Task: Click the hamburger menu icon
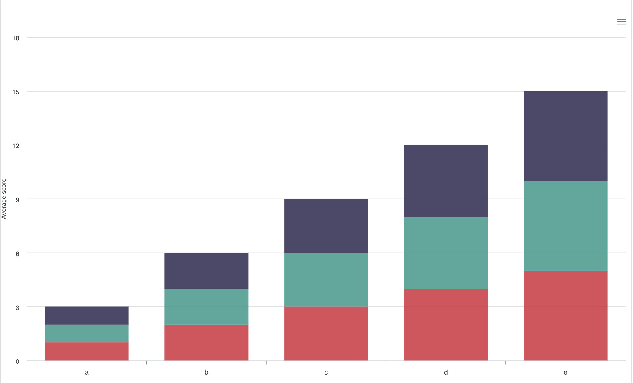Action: [x=621, y=22]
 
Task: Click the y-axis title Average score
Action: [x=4, y=199]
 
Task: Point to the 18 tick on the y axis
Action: [x=16, y=38]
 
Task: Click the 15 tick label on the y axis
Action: [x=16, y=92]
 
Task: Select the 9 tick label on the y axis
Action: [x=18, y=200]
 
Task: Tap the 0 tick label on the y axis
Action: [x=18, y=361]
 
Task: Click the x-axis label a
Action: [x=87, y=372]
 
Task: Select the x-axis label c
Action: [x=326, y=372]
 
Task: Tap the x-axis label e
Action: [x=565, y=372]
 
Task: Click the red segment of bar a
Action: [x=87, y=351]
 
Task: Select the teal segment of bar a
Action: [x=87, y=333]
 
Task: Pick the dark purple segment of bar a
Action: [x=87, y=315]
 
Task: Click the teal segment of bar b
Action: [x=206, y=306]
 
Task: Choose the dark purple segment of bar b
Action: [x=206, y=270]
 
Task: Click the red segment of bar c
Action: [x=326, y=333]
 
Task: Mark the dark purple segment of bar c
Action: [x=326, y=225]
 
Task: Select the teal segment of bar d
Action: [x=446, y=253]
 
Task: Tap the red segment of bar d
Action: [x=446, y=324]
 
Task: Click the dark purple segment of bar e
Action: [x=565, y=136]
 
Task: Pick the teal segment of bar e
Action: [x=565, y=225]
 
